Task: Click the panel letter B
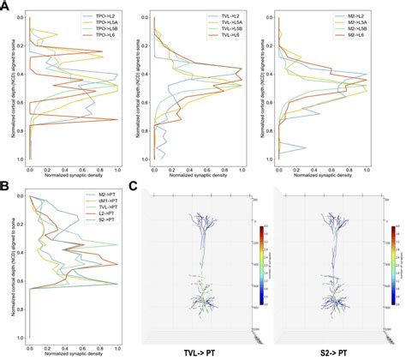point(5,183)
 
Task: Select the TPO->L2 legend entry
point(100,16)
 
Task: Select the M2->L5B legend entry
point(365,27)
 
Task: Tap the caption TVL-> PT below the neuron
point(200,351)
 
